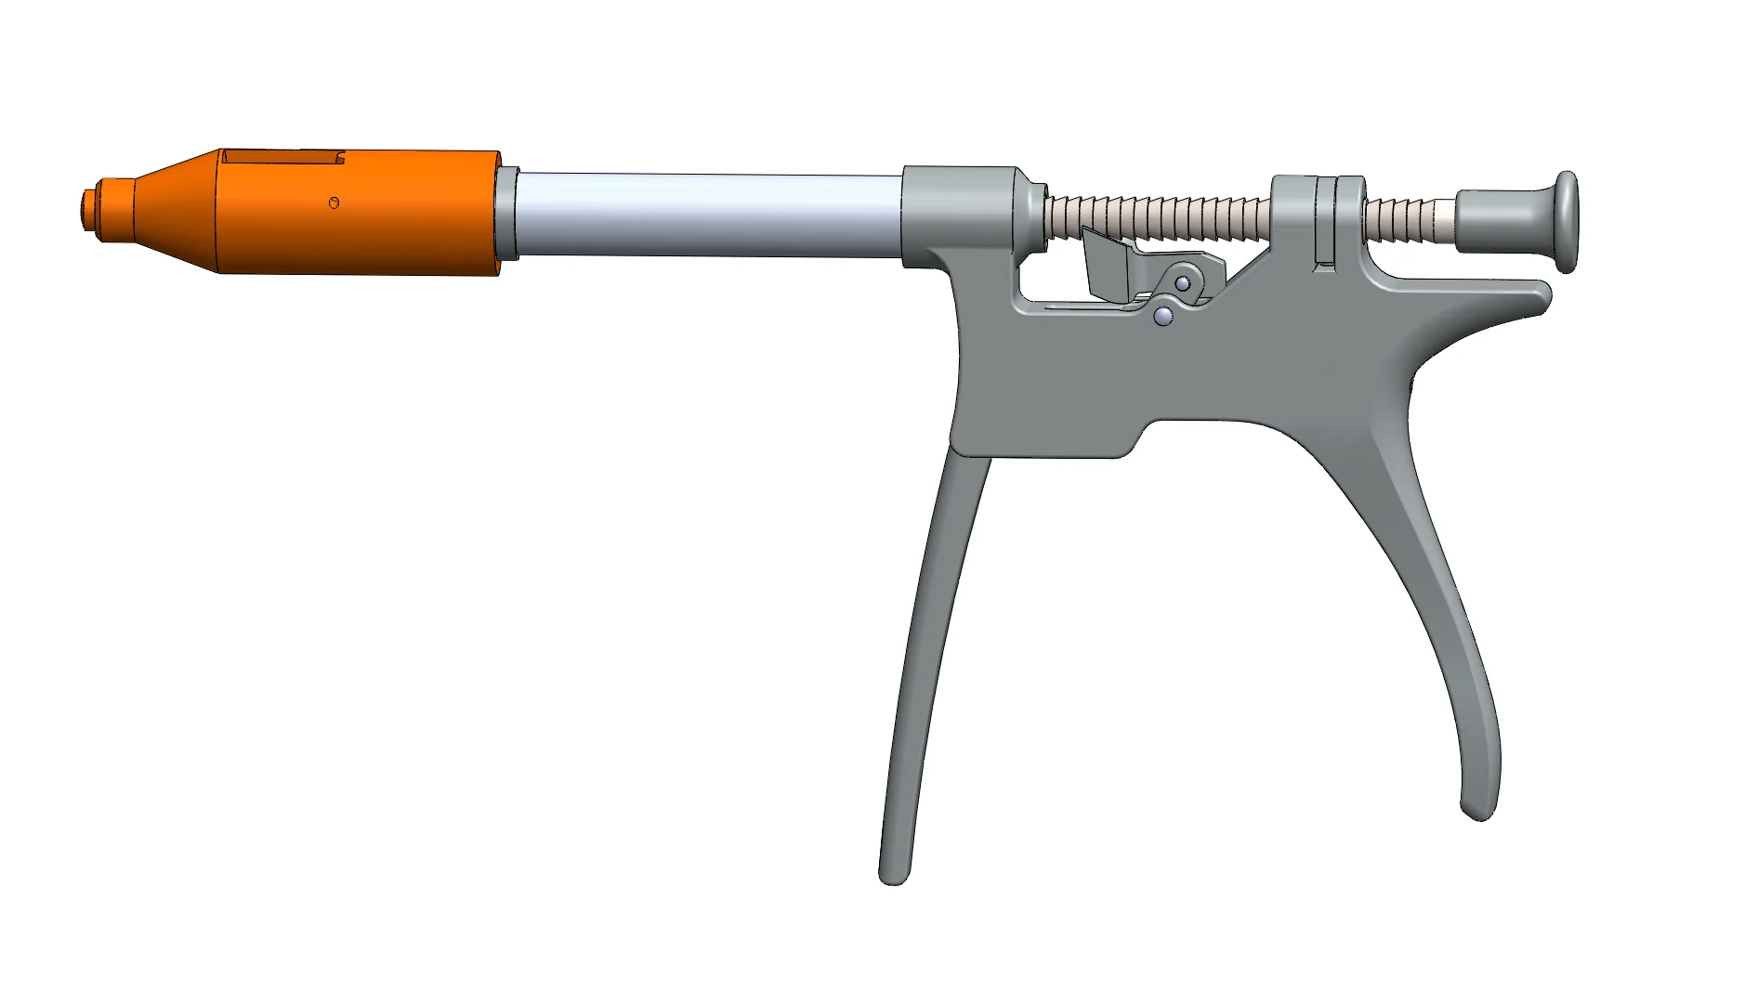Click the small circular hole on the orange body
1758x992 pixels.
(x=335, y=202)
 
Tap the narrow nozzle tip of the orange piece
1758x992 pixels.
(x=89, y=210)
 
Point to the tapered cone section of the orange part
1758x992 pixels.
(x=177, y=210)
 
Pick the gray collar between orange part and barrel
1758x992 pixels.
(x=507, y=215)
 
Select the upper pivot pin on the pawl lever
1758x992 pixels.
(x=1183, y=282)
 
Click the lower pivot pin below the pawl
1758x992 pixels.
(x=1163, y=317)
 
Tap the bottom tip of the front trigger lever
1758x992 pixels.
(x=893, y=873)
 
